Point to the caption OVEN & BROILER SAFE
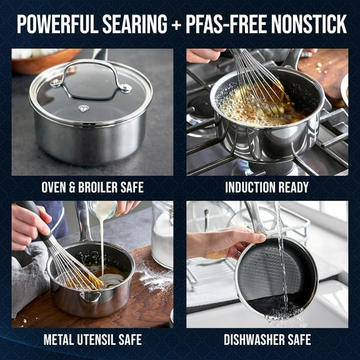(x=92, y=187)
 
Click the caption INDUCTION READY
(x=267, y=187)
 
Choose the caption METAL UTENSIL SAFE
(x=92, y=340)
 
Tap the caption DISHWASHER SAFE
(x=267, y=340)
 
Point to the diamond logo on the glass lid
(x=83, y=108)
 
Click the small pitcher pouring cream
(x=103, y=209)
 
